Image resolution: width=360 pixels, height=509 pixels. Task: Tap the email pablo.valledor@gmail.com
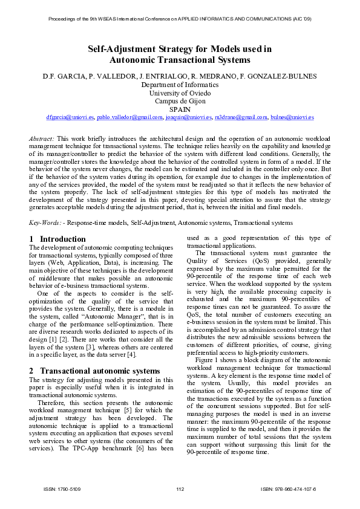[129, 117]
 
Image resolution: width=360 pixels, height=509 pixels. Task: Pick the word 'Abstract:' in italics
[41, 138]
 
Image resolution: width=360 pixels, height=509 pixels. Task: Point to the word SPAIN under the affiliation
[180, 109]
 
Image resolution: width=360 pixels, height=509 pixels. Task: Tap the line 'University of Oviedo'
[180, 93]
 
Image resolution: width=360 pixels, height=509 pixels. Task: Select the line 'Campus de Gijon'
[180, 101]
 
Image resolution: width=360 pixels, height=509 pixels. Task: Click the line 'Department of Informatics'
[180, 85]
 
